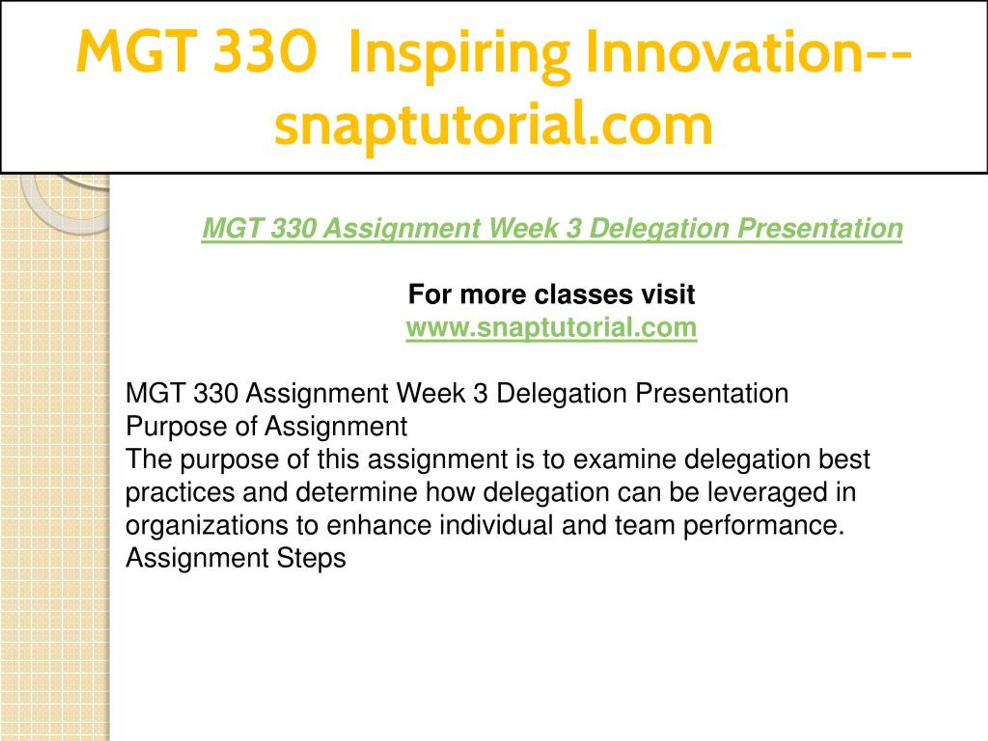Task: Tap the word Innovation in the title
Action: pos(725,51)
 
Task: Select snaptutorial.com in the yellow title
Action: pos(494,124)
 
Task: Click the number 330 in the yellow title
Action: pos(265,51)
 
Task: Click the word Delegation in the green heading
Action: pos(659,229)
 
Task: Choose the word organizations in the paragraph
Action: pos(206,526)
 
